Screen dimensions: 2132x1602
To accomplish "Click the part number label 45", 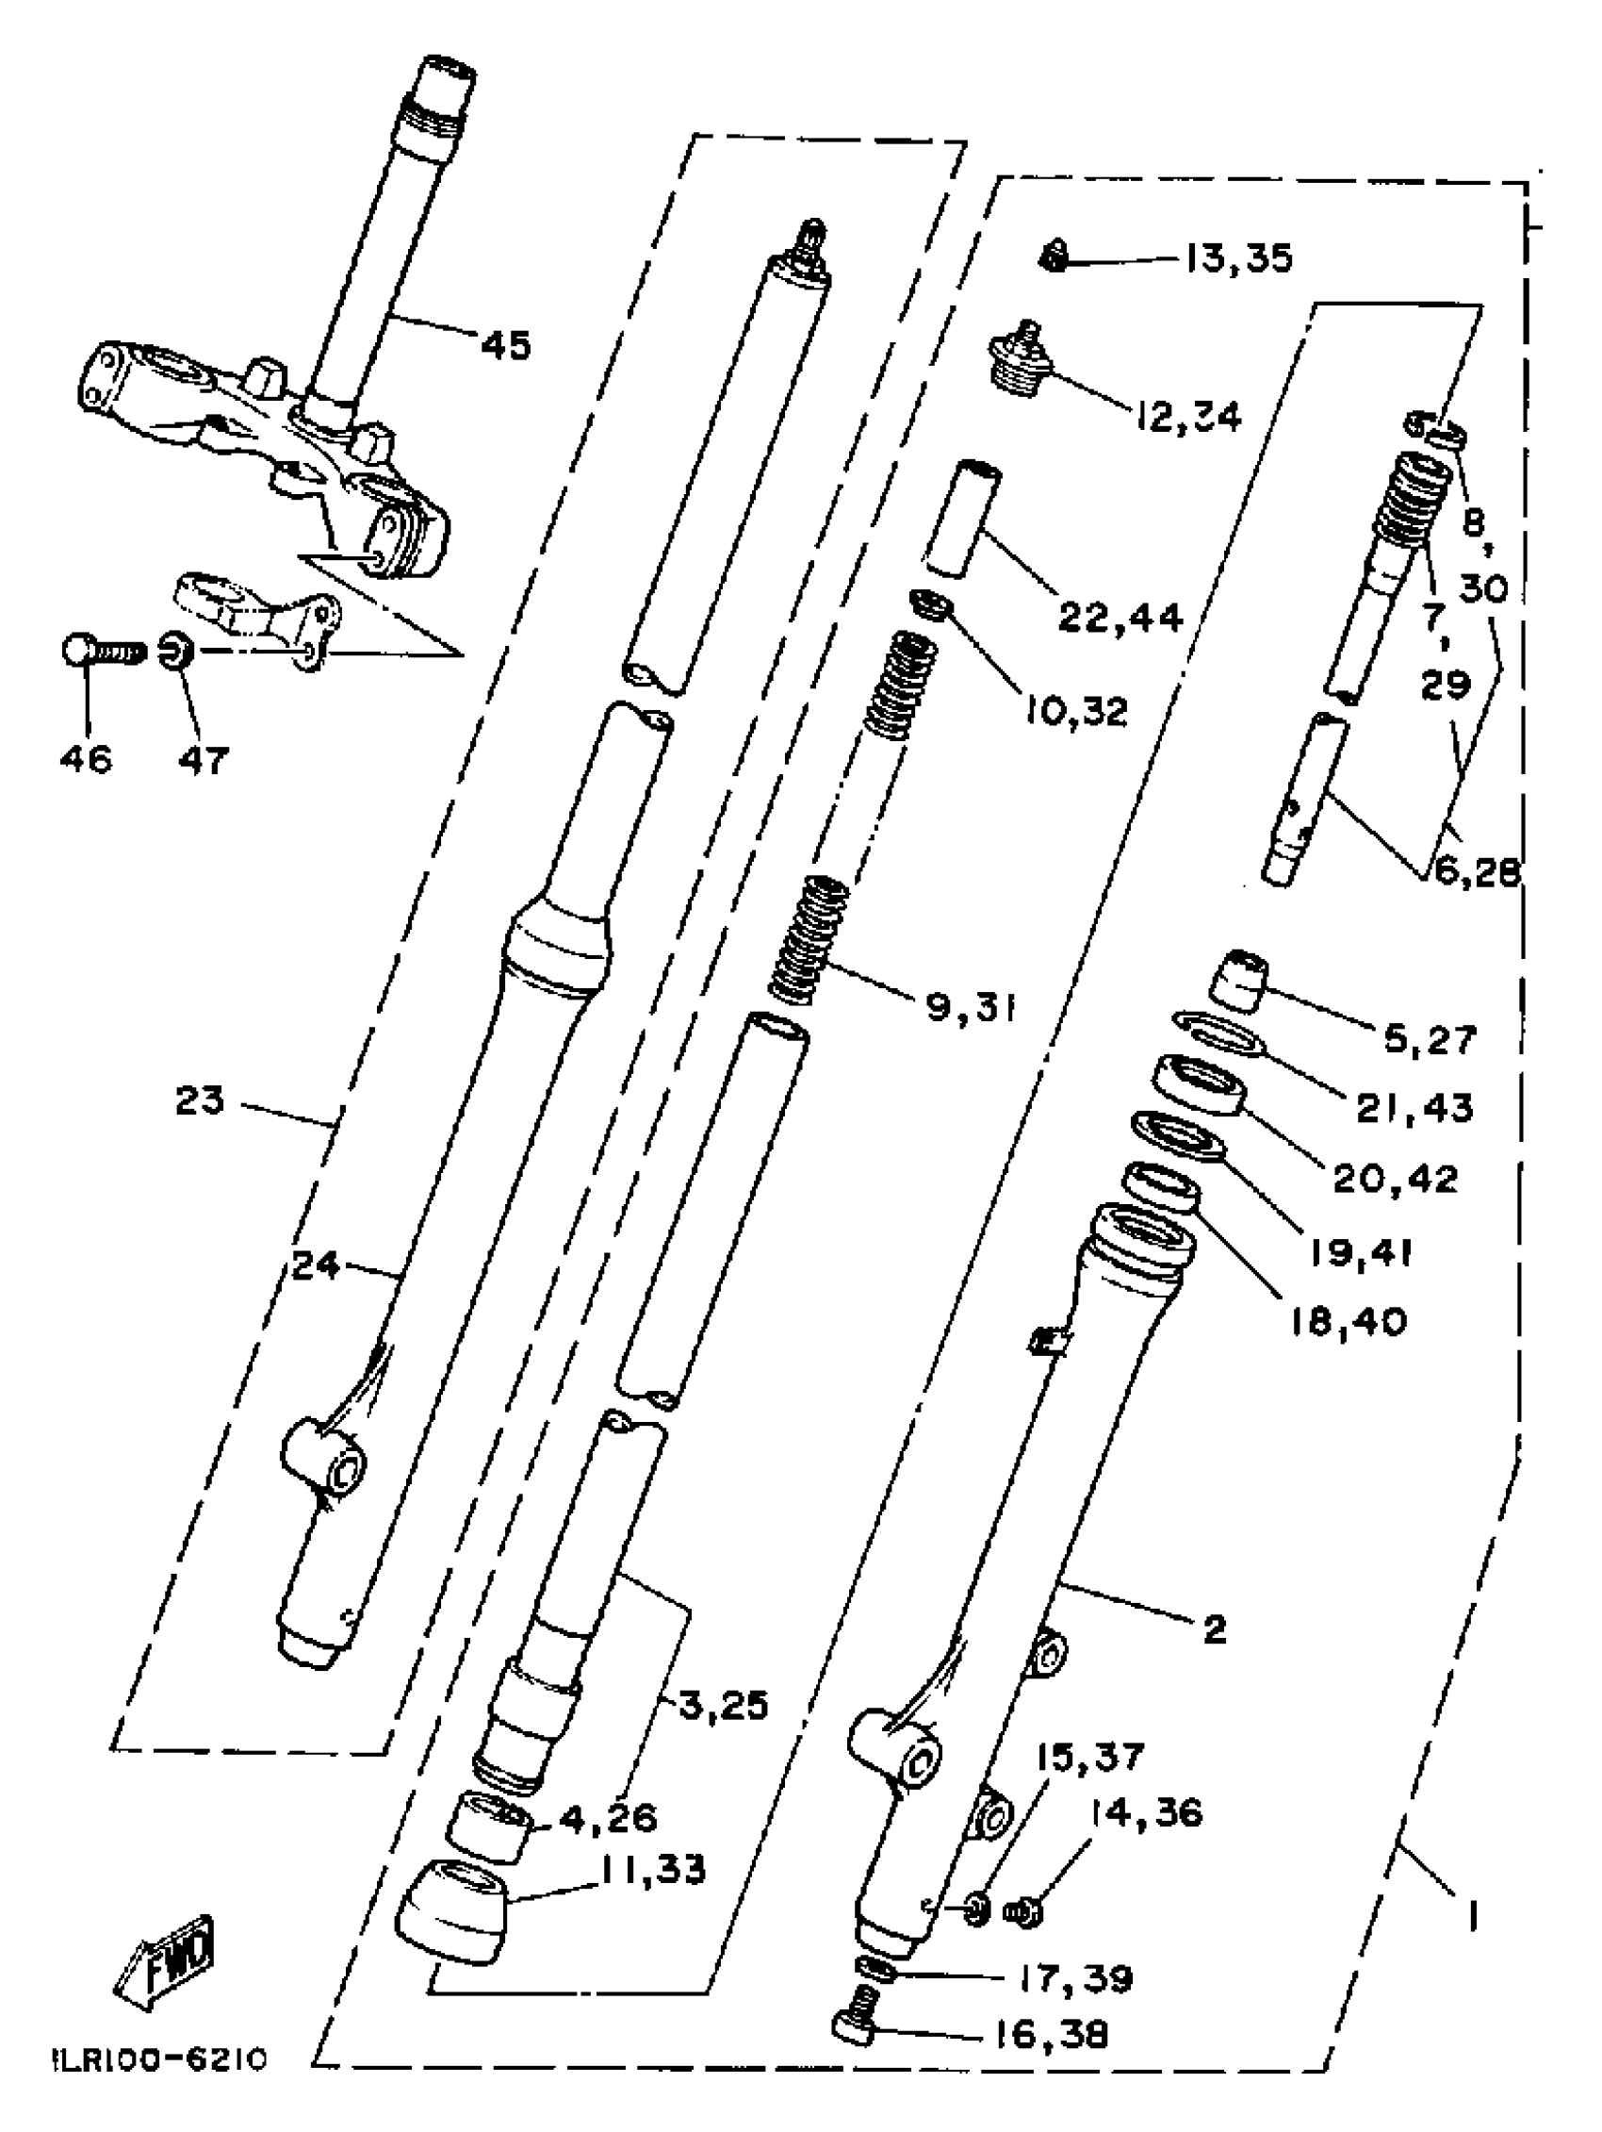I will pos(506,344).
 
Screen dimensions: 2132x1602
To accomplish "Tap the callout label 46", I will pos(86,759).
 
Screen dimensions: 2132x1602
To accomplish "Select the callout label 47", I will pos(204,760).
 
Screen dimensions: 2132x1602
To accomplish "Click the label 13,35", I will pos(1237,258).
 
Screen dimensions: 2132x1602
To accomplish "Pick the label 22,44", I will pos(1120,616).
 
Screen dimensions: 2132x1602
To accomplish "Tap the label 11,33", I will pos(654,1870).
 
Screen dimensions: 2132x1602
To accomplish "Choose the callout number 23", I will pos(200,1099).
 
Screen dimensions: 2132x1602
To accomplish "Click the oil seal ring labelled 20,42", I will pos(1200,1086).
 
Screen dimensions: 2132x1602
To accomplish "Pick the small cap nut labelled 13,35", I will pos(1054,258).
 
